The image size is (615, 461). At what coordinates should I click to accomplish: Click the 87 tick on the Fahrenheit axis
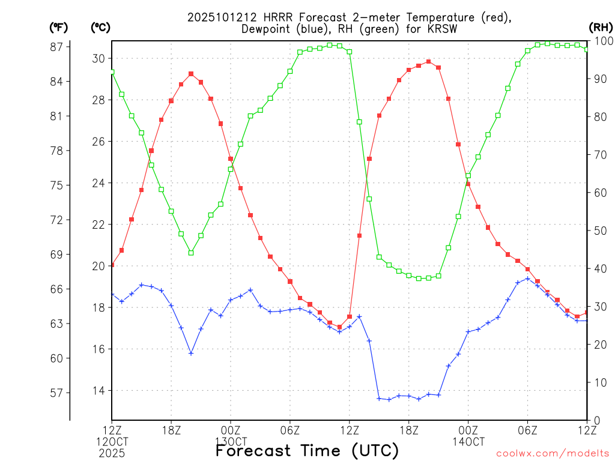pos(60,47)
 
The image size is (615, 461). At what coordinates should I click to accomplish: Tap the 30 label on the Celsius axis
pos(98,58)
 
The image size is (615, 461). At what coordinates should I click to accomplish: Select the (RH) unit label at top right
pos(600,27)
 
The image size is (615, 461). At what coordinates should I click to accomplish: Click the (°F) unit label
pos(59,27)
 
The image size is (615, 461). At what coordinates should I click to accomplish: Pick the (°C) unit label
pos(100,27)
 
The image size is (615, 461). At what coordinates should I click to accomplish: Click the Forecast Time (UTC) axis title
pos(307,450)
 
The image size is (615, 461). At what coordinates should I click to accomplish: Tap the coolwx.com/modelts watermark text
pos(553,454)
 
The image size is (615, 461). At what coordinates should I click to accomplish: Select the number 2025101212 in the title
pos(219,17)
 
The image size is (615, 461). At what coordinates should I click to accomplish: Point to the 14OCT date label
pos(468,442)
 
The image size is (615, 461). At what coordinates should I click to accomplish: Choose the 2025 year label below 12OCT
pos(112,453)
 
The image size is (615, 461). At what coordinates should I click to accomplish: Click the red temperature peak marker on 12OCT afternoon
pos(191,74)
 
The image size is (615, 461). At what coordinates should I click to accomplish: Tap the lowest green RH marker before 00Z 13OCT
pos(191,253)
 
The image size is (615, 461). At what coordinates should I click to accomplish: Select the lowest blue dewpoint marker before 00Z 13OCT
pos(191,354)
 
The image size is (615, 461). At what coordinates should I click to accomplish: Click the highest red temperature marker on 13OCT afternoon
pos(428,61)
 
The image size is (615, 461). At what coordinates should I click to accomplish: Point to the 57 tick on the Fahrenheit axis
pos(60,393)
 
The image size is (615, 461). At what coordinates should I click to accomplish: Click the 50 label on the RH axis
pos(599,230)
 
